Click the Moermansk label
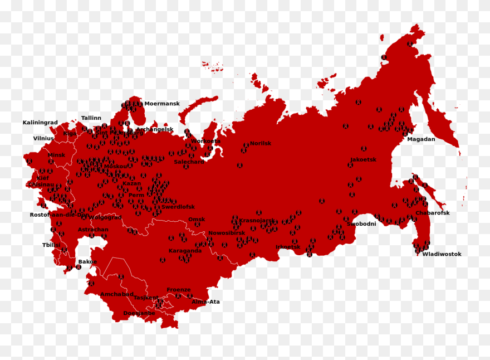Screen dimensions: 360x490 click(x=162, y=104)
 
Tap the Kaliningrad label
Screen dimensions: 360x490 click(x=40, y=123)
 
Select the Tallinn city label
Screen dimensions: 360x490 click(x=91, y=118)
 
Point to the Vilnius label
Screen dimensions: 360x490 click(x=43, y=138)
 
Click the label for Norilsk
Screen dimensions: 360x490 click(x=261, y=143)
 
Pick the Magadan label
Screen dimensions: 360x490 click(x=421, y=139)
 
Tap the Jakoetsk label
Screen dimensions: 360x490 click(x=363, y=159)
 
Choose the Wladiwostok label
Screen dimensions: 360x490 click(x=442, y=254)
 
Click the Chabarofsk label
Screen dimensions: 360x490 click(x=433, y=213)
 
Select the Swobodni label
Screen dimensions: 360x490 click(x=361, y=224)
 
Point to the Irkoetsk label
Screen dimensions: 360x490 click(x=288, y=247)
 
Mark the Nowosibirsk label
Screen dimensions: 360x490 click(x=227, y=233)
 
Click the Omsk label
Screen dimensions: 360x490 click(x=197, y=219)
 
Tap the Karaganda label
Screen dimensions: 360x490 click(x=185, y=251)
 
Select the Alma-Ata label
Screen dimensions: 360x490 click(x=205, y=301)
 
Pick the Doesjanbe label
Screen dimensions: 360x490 click(x=139, y=313)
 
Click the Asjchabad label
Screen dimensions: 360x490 click(x=117, y=294)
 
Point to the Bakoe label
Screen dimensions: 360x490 click(x=87, y=261)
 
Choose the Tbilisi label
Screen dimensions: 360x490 click(x=51, y=245)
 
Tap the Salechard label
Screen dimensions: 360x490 click(x=189, y=162)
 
